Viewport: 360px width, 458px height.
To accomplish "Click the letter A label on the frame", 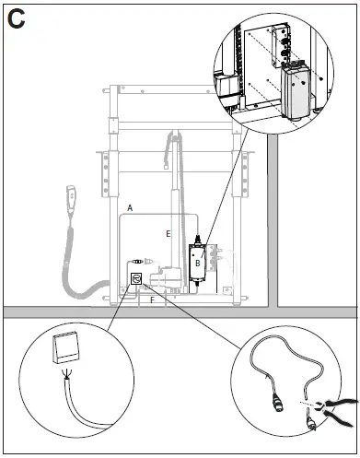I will [131, 209].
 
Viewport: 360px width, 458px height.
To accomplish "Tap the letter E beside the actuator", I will [168, 234].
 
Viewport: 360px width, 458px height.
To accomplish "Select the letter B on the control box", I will [197, 263].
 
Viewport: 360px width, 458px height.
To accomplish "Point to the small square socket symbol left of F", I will [134, 277].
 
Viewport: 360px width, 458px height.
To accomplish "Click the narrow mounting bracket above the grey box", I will [280, 46].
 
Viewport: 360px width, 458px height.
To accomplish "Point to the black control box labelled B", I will [198, 262].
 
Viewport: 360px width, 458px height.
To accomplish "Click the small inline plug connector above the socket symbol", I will [138, 261].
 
